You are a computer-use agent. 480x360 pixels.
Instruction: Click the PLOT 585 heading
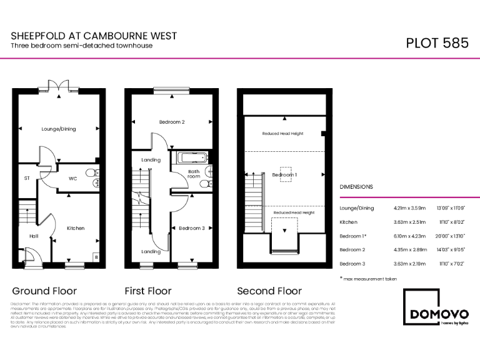tap(437, 43)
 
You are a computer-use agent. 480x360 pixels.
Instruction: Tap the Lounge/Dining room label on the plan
tap(59, 129)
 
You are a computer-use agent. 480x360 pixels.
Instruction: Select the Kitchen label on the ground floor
tap(76, 228)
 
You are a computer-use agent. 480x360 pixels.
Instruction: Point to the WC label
tap(72, 179)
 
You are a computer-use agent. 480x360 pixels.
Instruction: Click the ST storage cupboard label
tap(27, 178)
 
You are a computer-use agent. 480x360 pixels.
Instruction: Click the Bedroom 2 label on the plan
tap(171, 122)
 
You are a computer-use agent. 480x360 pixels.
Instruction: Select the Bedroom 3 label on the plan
tap(191, 228)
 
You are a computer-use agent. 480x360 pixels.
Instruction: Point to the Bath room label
tap(194, 174)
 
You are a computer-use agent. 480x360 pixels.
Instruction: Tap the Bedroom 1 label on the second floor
tap(284, 175)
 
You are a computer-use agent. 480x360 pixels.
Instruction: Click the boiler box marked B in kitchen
tap(96, 257)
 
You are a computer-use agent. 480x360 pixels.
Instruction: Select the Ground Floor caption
tap(44, 291)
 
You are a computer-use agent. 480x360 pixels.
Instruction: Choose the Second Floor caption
tap(269, 291)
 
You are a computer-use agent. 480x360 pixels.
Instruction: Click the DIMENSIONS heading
tap(356, 187)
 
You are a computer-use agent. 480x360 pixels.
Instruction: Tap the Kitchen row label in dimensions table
tap(348, 222)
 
